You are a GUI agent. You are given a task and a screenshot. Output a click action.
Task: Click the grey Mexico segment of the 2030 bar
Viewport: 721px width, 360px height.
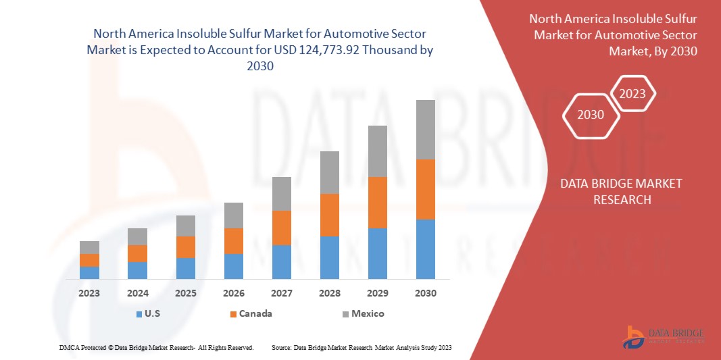[x=425, y=130]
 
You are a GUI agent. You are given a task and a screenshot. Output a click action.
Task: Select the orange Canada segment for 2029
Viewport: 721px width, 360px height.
[x=377, y=202]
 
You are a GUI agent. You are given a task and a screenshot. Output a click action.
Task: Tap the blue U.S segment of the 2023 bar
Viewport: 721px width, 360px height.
[x=89, y=272]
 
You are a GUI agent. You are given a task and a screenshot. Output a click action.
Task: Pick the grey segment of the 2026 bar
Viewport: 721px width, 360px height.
[x=233, y=215]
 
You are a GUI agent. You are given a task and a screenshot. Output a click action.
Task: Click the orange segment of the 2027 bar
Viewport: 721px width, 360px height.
[x=281, y=228]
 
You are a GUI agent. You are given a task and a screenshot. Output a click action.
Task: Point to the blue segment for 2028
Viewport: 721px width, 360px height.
[x=329, y=257]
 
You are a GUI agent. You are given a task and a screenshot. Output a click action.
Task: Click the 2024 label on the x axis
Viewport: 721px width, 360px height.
[x=137, y=294]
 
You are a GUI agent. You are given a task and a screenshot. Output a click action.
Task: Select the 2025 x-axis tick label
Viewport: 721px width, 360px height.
[x=185, y=294]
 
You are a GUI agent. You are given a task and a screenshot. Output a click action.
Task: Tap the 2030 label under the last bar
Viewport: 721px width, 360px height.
[x=425, y=294]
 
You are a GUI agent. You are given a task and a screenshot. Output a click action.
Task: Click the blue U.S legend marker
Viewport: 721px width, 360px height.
[x=139, y=314]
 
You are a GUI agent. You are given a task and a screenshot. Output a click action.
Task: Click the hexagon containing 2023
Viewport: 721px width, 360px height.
[x=632, y=94]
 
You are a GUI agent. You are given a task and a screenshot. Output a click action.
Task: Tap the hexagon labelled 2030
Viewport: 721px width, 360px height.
[x=591, y=115]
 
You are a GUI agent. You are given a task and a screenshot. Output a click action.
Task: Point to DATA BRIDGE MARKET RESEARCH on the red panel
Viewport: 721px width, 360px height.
[x=622, y=191]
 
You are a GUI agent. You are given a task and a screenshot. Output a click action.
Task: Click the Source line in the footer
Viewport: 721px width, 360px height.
[x=361, y=347]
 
